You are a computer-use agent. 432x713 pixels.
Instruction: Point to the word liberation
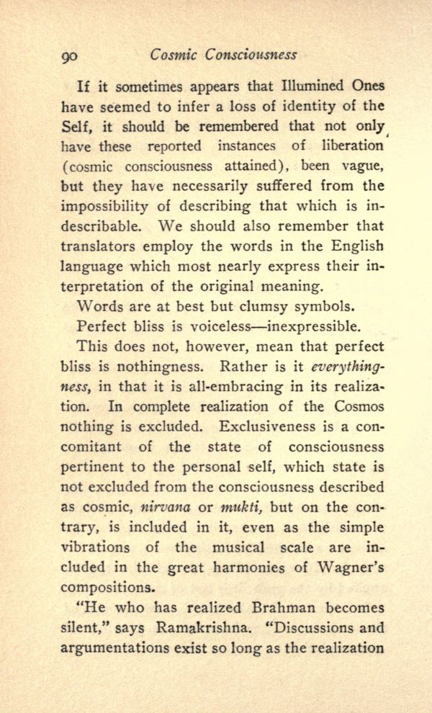click(x=350, y=146)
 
